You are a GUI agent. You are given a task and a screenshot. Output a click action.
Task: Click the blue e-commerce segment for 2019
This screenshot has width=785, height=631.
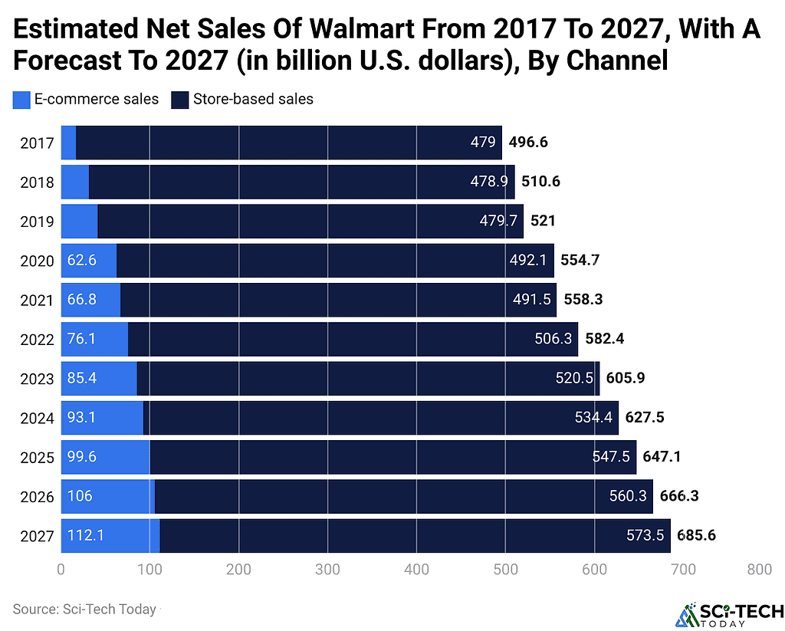pos(79,222)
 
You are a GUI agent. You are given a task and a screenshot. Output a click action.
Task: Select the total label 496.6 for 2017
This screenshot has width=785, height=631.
pos(527,142)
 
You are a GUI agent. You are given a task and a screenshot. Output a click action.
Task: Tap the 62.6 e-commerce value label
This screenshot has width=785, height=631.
pos(81,261)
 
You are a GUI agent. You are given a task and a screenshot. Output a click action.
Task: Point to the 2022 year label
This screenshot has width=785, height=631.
pos(37,340)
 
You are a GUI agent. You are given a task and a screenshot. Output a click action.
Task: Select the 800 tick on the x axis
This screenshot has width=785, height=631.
pos(759,570)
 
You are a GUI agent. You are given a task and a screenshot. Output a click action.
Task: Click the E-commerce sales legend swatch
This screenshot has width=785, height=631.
pos(21,99)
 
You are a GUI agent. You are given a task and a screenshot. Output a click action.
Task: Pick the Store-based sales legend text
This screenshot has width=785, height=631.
pos(253,99)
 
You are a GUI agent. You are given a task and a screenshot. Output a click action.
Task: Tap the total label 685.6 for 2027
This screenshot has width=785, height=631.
pos(696,535)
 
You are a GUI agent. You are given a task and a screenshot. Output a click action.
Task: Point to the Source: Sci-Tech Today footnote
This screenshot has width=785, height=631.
pos(84,610)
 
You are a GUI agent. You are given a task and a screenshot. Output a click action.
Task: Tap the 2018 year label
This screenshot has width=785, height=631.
pos(37,182)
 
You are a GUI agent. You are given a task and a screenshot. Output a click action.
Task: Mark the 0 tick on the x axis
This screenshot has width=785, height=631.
pos(61,570)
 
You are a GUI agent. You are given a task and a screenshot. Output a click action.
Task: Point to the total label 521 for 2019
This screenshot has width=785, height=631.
pos(543,221)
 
